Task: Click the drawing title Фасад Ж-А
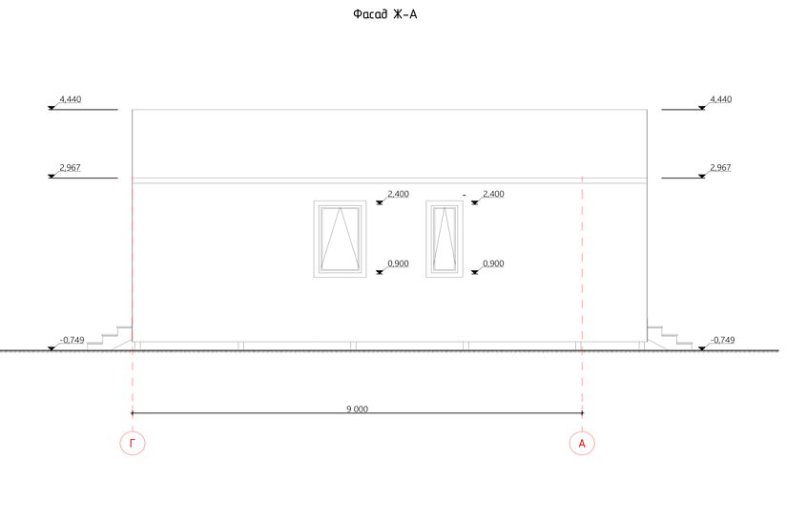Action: [385, 14]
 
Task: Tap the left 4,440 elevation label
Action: [71, 99]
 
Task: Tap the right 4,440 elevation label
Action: [721, 99]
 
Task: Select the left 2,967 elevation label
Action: [70, 167]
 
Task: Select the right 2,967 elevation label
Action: [720, 167]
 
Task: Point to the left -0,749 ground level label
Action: [72, 340]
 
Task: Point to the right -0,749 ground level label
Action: [722, 340]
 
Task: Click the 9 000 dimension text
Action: [358, 409]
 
